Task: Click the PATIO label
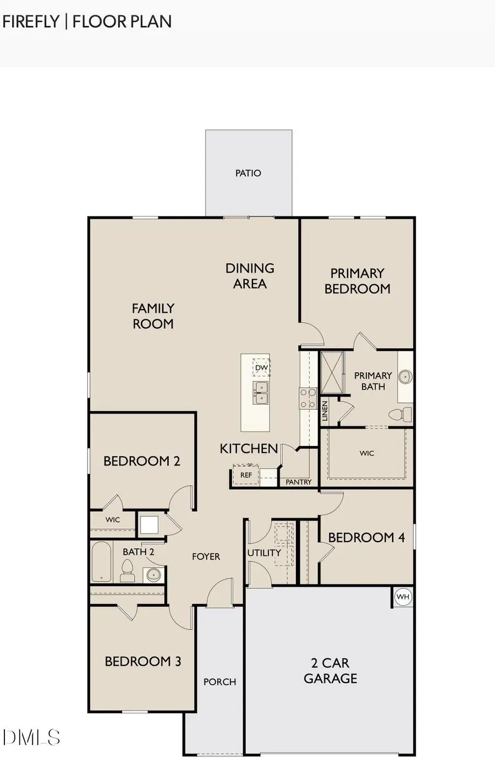pos(248,173)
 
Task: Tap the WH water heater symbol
pos(403,597)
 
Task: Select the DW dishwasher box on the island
pos(261,368)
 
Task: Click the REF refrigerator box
pos(246,475)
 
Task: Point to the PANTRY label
pos(299,482)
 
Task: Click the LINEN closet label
pos(325,411)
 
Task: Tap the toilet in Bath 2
pos(128,571)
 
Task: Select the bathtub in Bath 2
pos(101,562)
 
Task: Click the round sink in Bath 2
pos(153,575)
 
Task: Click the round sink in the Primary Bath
pos(405,377)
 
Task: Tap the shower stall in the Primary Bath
pos(332,372)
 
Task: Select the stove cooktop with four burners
pos(307,398)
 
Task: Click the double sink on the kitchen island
pos(260,393)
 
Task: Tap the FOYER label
pos(206,557)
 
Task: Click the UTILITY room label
pos(264,553)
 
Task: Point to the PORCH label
pos(219,682)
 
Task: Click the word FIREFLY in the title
pos(31,21)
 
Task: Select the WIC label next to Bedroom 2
pos(113,520)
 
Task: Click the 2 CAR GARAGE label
pos(330,671)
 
